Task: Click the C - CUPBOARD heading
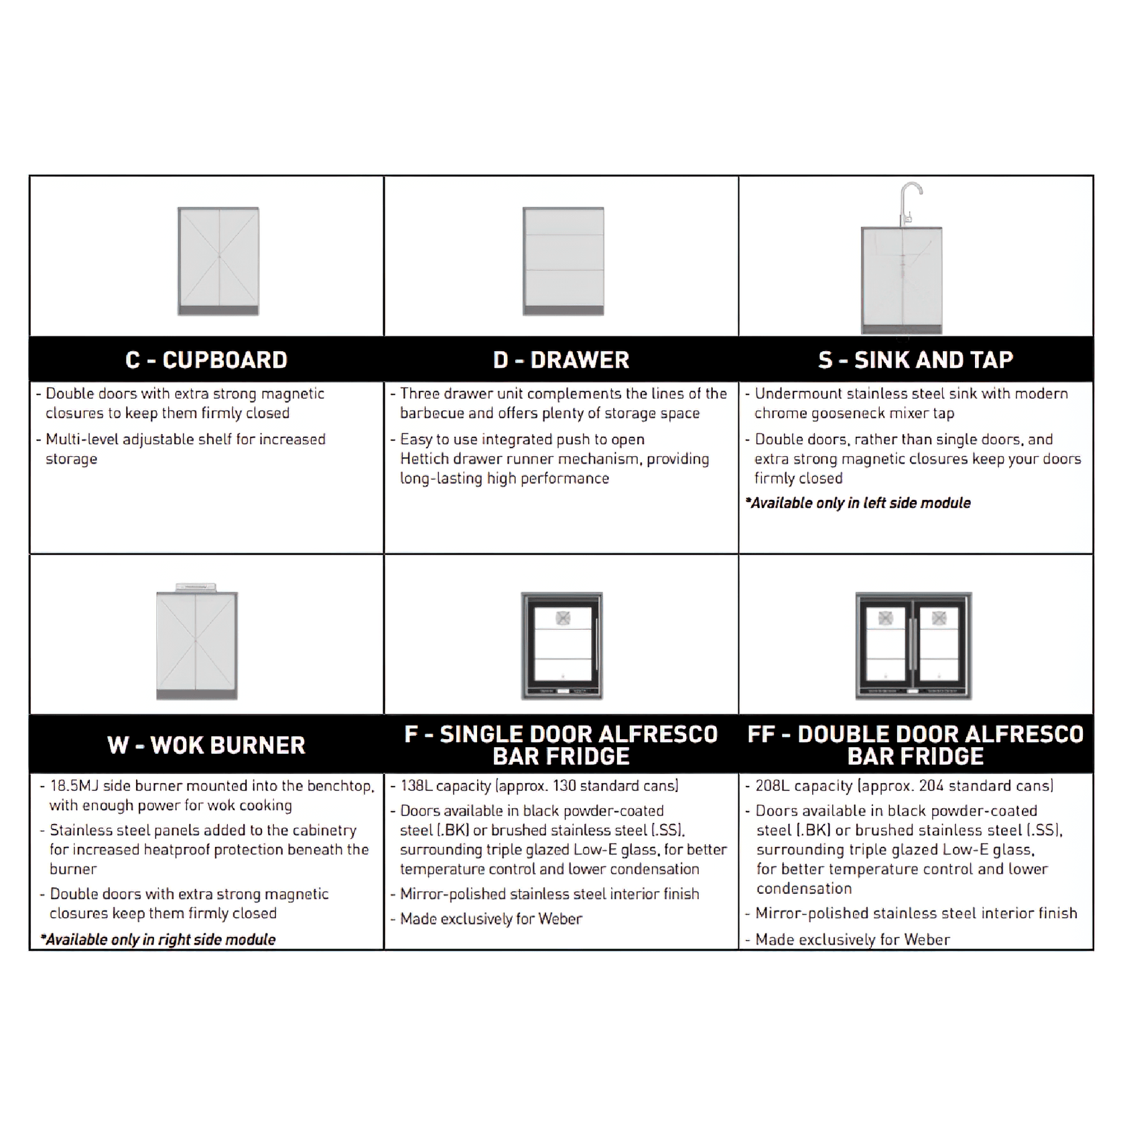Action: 206,360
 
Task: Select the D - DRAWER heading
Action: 561,360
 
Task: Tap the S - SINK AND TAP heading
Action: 916,360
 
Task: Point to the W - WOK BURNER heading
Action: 206,745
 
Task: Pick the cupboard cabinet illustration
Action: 218,261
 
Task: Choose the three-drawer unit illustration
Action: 564,261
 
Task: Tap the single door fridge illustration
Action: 562,646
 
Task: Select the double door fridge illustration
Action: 914,646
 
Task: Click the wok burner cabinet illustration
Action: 197,642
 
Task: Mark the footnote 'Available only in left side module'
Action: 858,503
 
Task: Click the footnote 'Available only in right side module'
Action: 158,939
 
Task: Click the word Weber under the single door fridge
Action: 560,919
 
